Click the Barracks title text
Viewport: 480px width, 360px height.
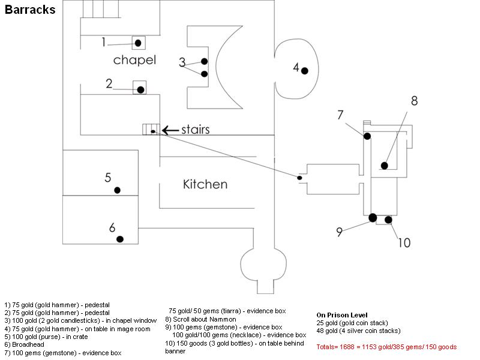[30, 10]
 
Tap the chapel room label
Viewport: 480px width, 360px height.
[134, 60]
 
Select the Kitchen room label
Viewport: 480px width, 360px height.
[205, 184]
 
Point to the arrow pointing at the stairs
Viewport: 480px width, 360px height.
[170, 130]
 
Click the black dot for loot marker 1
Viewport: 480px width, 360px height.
[139, 43]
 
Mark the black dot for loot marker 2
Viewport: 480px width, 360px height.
[140, 89]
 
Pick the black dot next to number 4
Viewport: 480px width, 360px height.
[305, 71]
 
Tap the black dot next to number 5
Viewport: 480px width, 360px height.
[118, 190]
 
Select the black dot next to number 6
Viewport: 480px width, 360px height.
[120, 239]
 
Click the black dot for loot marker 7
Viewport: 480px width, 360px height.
[367, 136]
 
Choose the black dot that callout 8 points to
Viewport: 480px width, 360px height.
[384, 165]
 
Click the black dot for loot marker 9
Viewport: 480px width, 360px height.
[373, 217]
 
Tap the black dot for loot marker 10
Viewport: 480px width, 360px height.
[388, 220]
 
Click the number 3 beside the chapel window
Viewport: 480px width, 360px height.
[182, 62]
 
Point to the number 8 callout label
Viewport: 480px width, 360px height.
[414, 101]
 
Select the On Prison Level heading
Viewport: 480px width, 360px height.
[341, 315]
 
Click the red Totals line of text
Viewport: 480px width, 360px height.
[386, 347]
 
